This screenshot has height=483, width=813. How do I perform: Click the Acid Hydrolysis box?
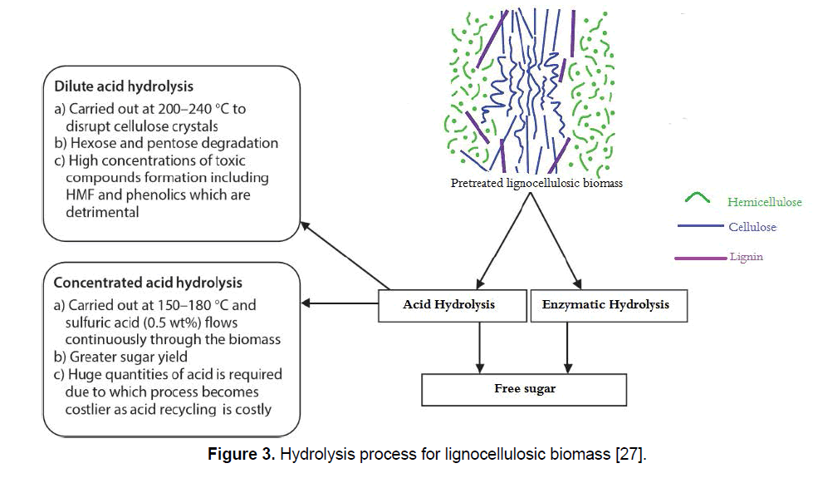pos(448,305)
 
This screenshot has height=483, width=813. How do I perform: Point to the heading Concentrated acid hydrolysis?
pos(148,283)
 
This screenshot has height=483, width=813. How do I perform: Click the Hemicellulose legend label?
pos(765,202)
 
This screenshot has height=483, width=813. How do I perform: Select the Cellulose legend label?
pos(752,227)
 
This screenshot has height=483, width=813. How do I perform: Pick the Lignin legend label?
pos(746,257)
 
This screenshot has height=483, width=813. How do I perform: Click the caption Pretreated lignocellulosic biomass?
pos(536,184)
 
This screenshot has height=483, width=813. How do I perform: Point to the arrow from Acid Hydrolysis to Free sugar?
pos(479,347)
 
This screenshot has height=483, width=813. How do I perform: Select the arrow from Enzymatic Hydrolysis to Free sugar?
pos(568,347)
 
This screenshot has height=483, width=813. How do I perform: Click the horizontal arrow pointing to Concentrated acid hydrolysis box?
pos(340,303)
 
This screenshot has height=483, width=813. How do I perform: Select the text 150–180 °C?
pos(205,305)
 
